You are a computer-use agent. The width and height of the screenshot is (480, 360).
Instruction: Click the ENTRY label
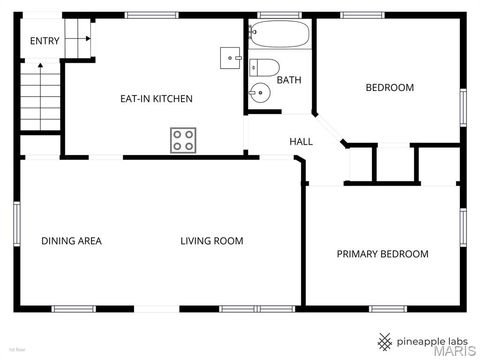[44, 41]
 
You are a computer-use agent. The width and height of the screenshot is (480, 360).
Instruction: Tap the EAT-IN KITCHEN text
[156, 99]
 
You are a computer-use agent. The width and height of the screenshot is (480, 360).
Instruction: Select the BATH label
[289, 80]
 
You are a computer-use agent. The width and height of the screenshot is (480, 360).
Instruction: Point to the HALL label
[301, 142]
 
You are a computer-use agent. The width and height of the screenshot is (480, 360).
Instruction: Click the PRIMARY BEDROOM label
[382, 254]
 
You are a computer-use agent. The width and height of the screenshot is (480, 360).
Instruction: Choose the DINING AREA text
[71, 241]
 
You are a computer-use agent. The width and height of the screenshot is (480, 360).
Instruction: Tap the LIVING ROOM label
[212, 241]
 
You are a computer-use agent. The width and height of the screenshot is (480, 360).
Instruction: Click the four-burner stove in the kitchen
[183, 140]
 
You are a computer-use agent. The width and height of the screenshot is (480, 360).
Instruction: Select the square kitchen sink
[232, 58]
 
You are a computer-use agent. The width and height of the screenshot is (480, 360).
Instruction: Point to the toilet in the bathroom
[265, 69]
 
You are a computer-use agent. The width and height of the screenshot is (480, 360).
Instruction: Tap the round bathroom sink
[259, 95]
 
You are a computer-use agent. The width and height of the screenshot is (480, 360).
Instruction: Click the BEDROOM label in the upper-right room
[389, 88]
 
